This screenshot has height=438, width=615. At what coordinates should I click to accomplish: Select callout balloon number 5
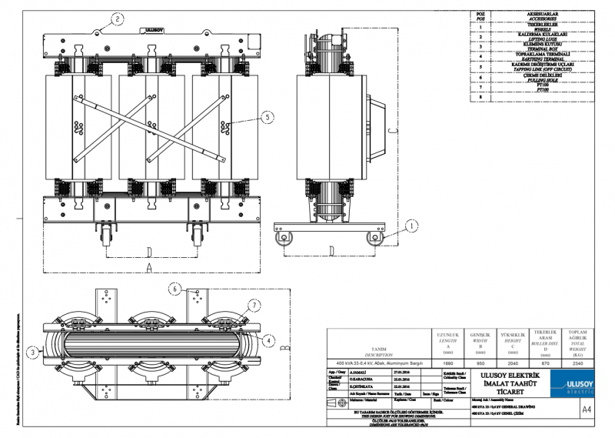(267, 118)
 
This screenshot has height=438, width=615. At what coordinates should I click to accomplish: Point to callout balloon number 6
(175, 289)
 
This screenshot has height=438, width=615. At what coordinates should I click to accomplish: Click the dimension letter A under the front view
(148, 266)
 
